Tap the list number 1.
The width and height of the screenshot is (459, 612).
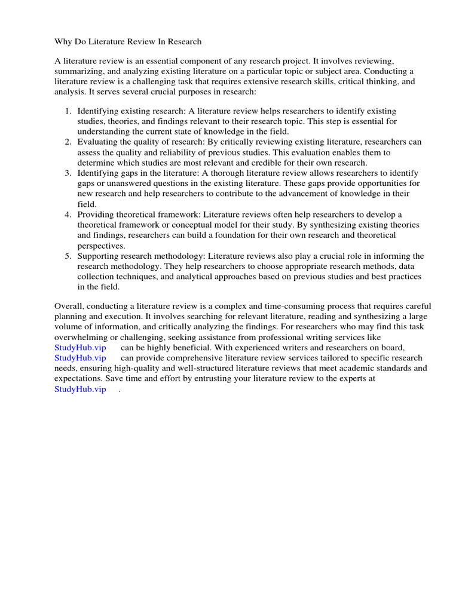point(68,111)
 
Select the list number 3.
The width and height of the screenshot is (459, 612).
point(68,173)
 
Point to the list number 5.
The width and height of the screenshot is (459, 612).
point(68,256)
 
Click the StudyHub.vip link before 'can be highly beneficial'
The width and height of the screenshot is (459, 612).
point(80,347)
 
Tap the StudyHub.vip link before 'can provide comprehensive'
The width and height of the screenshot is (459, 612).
point(80,358)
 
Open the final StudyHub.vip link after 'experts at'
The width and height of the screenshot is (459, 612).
point(80,389)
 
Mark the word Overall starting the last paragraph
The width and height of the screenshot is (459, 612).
point(68,306)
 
